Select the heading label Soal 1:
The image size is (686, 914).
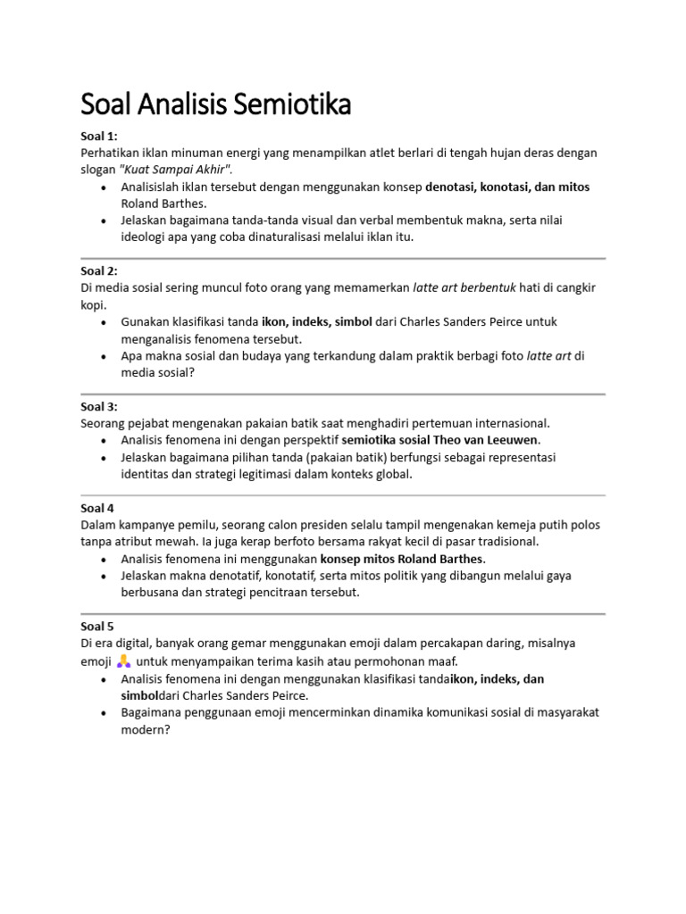click(x=98, y=137)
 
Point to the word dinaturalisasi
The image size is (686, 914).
click(x=289, y=237)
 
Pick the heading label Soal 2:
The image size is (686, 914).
click(x=98, y=271)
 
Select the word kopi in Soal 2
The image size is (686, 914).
click(x=93, y=304)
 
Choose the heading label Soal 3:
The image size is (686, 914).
click(x=98, y=406)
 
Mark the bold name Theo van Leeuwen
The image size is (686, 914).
click(x=487, y=440)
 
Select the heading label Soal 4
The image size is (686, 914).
click(x=96, y=508)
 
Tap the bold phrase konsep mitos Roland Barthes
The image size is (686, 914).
click(x=403, y=559)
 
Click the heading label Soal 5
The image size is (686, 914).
click(x=96, y=627)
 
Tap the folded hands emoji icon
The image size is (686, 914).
click(x=124, y=661)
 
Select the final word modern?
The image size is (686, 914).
click(x=145, y=728)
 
